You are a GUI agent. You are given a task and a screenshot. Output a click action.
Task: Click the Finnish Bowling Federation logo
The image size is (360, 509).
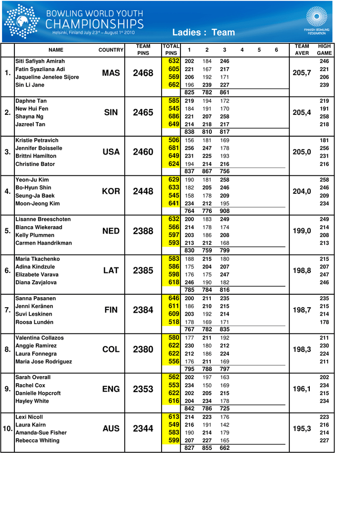click(x=317, y=20)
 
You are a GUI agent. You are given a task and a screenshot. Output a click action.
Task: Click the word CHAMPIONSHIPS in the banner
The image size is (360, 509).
click(x=94, y=24)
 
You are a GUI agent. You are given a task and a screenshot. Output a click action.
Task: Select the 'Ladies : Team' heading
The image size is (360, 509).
click(x=203, y=32)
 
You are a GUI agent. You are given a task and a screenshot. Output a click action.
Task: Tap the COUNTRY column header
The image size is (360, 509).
click(x=111, y=50)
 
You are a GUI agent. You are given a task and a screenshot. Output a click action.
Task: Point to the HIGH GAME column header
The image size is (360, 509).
click(x=324, y=50)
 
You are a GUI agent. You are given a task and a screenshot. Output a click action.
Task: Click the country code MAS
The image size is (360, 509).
click(x=111, y=73)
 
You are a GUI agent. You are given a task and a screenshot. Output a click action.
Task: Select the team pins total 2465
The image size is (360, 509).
click(x=143, y=113)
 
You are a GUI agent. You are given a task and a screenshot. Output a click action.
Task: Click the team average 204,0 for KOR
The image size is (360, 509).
click(x=302, y=191)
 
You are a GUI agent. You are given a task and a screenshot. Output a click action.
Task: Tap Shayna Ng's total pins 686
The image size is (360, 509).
click(x=174, y=116)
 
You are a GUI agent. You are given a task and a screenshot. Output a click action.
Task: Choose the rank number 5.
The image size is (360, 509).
click(x=7, y=231)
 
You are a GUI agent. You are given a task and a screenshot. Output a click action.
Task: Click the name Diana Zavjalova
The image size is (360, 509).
click(x=36, y=282)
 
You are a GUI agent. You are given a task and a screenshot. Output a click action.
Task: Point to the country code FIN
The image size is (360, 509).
click(x=111, y=310)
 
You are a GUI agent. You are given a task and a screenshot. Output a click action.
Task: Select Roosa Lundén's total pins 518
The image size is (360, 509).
click(x=174, y=322)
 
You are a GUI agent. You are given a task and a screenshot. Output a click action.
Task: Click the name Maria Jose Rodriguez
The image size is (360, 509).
click(x=44, y=361)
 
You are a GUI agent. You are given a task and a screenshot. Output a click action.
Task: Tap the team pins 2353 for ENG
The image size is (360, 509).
click(x=143, y=389)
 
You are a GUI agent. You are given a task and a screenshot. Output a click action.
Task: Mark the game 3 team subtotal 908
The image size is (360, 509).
click(x=225, y=211)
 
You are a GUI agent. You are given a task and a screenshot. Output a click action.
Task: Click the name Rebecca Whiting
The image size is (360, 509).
click(x=37, y=440)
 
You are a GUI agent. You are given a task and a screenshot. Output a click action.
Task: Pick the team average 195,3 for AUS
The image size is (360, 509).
click(x=302, y=428)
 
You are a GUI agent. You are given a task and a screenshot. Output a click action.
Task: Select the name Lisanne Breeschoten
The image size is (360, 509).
click(x=43, y=219)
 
